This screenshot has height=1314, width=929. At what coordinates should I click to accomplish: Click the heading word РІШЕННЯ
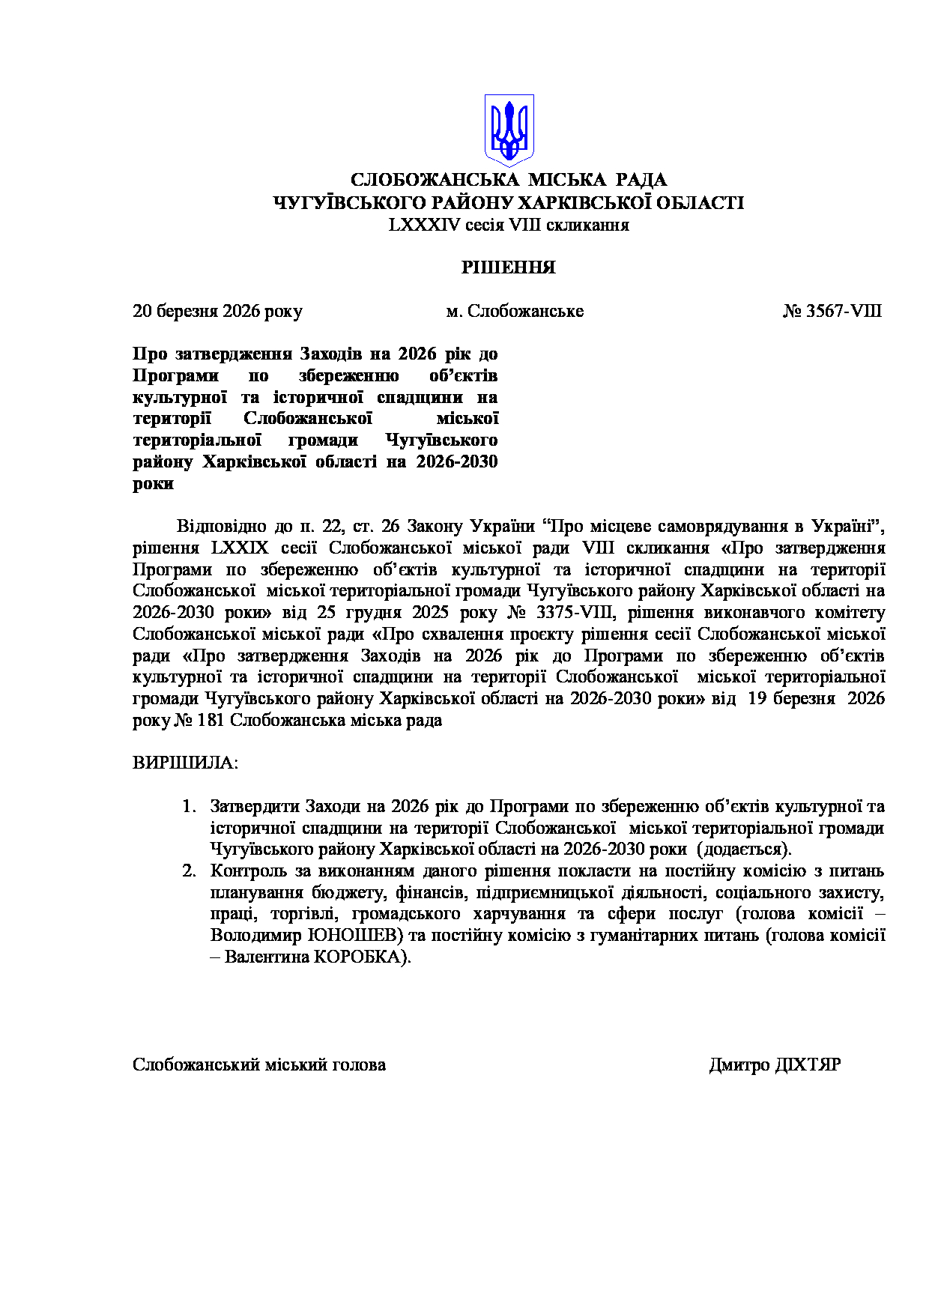point(508,267)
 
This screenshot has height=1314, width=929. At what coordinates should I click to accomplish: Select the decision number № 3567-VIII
point(832,311)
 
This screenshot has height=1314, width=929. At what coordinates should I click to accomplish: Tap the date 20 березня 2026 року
point(217,311)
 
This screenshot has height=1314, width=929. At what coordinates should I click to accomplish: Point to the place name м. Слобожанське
point(515,311)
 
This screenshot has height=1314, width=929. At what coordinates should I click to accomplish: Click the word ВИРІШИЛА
point(185,763)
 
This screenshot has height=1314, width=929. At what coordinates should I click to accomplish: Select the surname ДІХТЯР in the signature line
point(808,1065)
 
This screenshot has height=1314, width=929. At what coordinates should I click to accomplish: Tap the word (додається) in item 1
point(744,850)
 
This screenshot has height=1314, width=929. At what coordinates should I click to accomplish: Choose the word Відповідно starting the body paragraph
point(219,526)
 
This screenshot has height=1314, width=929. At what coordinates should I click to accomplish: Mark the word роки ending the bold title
point(154,483)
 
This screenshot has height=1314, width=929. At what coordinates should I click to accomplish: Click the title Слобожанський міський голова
point(259,1065)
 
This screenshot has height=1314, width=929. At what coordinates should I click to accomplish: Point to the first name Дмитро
point(739,1065)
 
